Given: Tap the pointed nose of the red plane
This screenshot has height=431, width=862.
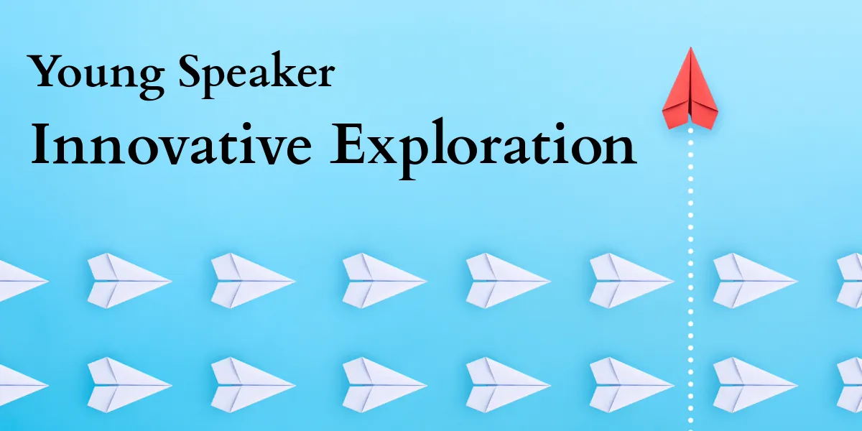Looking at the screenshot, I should point(690,49).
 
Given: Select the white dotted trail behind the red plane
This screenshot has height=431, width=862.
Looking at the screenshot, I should point(690,273).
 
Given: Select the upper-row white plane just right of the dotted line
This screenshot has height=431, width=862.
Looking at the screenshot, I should point(754,280).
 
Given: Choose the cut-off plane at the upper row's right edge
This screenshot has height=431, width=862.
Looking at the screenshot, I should point(851,280).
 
